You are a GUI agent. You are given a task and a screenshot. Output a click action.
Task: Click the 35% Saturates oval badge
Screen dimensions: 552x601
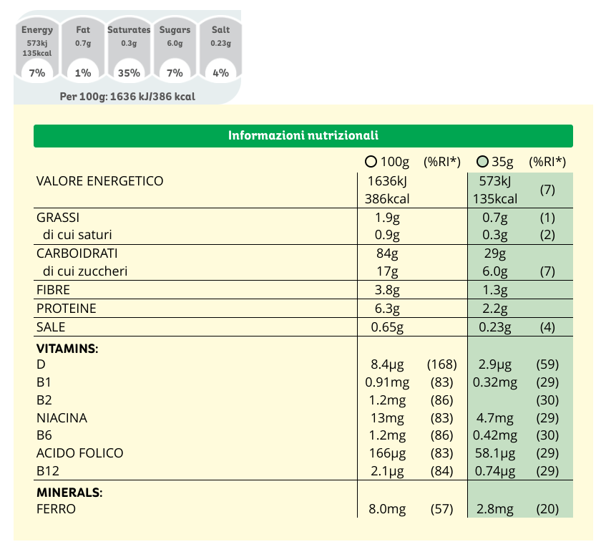[x=129, y=72]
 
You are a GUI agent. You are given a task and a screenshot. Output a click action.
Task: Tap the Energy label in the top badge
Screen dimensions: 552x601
[x=37, y=30]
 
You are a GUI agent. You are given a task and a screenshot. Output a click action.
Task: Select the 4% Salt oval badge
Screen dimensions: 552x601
[x=220, y=72]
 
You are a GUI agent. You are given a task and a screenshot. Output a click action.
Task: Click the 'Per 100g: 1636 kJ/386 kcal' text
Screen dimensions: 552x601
[x=128, y=97]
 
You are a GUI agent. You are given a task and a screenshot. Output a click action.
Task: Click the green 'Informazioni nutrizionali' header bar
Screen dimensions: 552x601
[x=303, y=135]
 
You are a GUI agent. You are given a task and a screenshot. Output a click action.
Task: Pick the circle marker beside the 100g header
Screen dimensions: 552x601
[x=371, y=162]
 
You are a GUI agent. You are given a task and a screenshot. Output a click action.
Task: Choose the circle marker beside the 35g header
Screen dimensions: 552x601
[x=482, y=162]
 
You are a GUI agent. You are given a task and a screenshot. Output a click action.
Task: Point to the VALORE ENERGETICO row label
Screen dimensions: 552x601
[x=99, y=181]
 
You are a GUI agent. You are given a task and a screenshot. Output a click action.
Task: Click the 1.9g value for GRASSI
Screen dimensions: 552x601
[x=388, y=218]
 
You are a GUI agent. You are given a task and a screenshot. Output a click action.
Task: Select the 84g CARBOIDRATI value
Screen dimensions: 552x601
[x=387, y=253]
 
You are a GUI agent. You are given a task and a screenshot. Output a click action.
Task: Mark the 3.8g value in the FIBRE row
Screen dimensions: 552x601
[x=388, y=290]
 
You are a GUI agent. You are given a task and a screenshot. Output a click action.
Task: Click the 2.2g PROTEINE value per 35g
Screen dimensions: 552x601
[x=494, y=309]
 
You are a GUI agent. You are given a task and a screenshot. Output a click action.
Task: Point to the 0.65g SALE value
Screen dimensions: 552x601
[x=388, y=327]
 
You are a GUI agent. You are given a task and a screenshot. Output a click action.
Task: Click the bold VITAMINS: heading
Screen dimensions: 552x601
[x=67, y=349]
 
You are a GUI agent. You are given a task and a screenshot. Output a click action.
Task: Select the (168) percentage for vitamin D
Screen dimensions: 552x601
[x=440, y=364]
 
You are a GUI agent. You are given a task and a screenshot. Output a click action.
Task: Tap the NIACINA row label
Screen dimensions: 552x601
[x=62, y=418]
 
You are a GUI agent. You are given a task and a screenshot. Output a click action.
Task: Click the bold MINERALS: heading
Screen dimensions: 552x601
[x=69, y=493]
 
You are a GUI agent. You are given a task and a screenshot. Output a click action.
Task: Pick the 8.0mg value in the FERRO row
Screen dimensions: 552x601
[x=386, y=510]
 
